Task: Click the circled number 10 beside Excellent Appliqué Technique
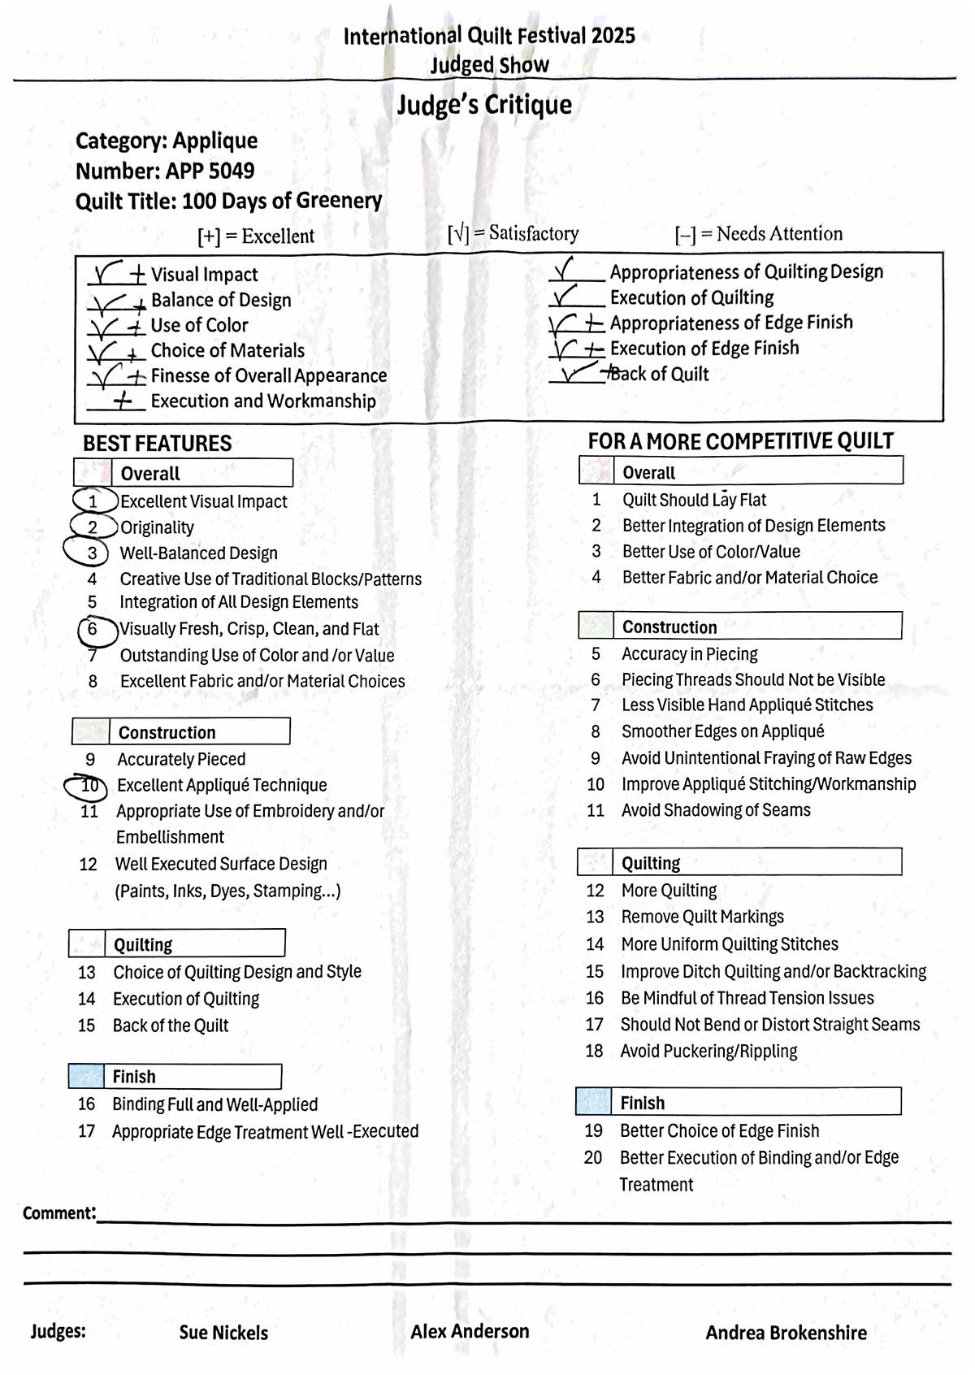pos(89,786)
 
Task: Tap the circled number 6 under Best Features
pos(92,629)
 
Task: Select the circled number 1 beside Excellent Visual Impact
pos(93,501)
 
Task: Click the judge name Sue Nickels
pos(223,1333)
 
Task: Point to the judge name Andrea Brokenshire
pos(786,1333)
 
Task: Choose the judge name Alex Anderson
pos(470,1331)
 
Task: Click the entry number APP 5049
pos(210,171)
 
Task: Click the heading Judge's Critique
pos(484,105)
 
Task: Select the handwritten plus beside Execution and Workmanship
pos(123,401)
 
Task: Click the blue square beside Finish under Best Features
pos(86,1076)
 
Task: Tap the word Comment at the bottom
pos(58,1213)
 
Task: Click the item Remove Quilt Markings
pos(702,917)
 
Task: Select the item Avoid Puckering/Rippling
pos(708,1051)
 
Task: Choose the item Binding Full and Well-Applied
pos(214,1104)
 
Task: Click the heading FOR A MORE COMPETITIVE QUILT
pos(740,441)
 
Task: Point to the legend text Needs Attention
pos(779,234)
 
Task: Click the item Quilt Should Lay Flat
pos(694,500)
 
